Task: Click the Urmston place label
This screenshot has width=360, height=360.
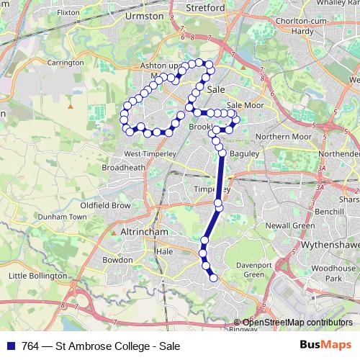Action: pos(145,14)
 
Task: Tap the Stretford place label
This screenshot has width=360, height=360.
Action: pos(206,8)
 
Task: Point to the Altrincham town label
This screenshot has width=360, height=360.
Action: pos(143,234)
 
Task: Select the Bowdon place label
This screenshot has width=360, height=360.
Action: pos(118,259)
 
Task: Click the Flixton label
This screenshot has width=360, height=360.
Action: pos(68,12)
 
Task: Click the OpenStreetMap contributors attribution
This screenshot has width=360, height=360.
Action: pos(297,322)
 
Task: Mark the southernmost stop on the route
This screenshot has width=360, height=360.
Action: pos(213,278)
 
